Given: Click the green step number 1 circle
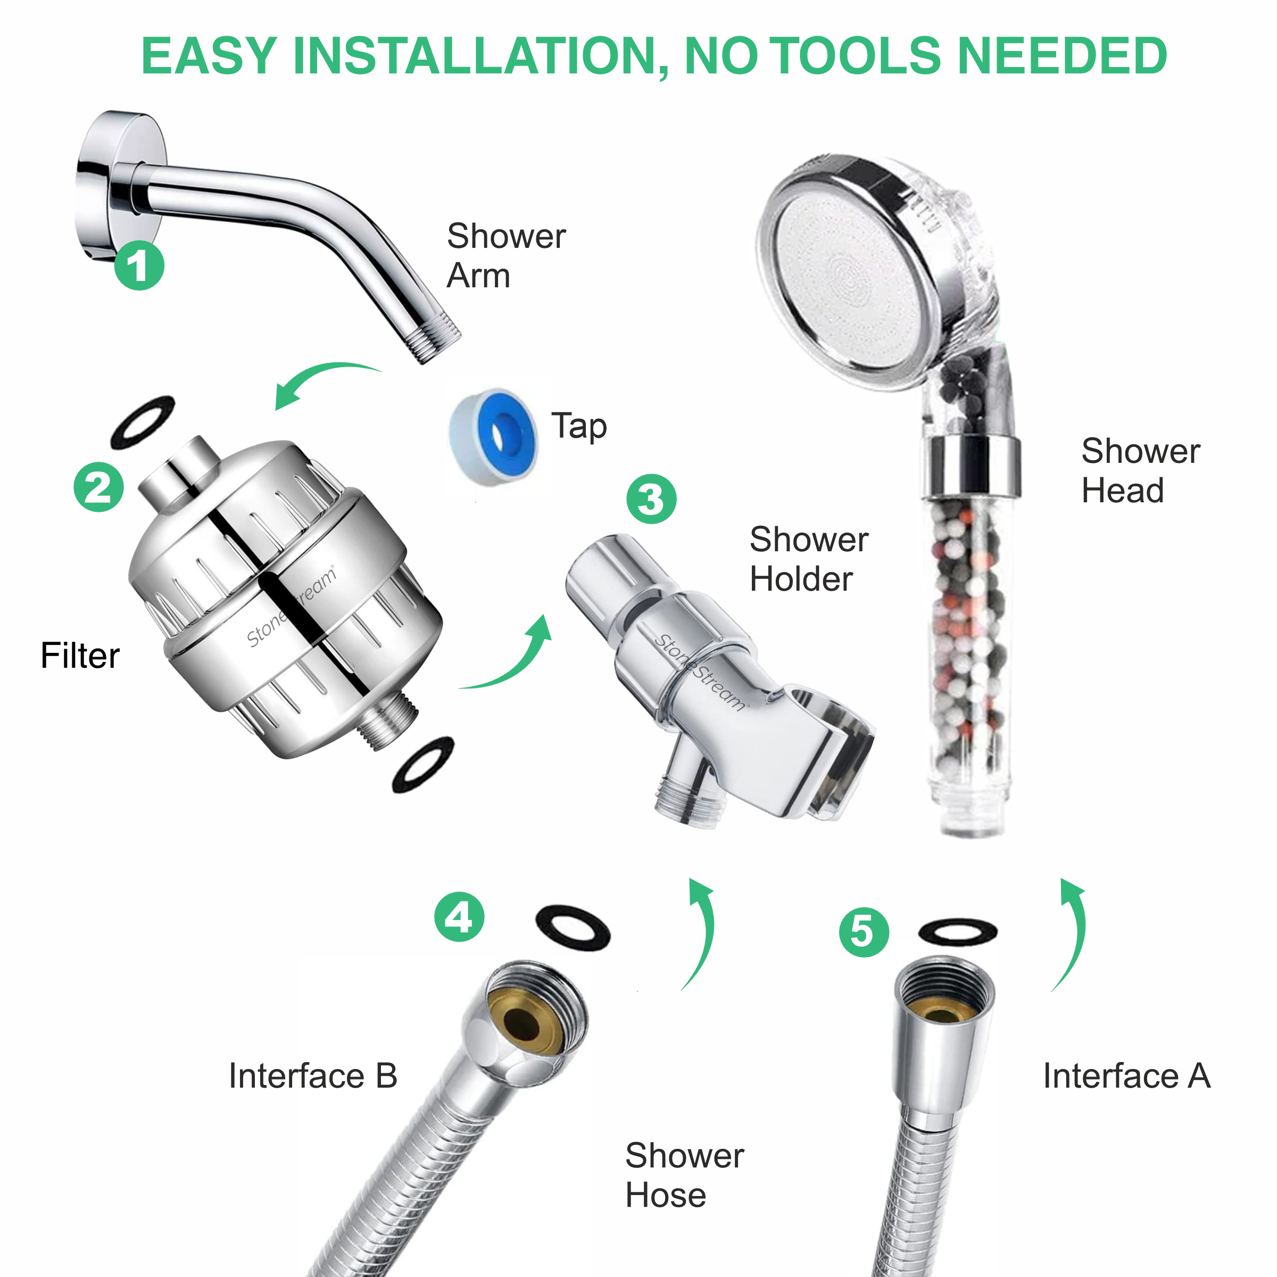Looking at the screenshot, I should (x=139, y=265).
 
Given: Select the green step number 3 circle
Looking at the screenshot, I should (x=651, y=499).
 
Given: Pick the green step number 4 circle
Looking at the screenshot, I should (x=459, y=917).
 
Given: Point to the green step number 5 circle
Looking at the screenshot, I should (x=864, y=932).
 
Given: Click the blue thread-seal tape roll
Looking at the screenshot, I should (x=494, y=437).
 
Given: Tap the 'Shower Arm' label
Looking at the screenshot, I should (x=505, y=255).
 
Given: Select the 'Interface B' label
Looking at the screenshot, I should (x=313, y=1075).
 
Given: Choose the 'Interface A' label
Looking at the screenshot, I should (x=1126, y=1075).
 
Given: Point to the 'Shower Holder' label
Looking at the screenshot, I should (x=808, y=559).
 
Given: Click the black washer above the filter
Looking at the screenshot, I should (x=143, y=422).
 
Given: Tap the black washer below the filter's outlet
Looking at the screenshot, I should (x=423, y=764).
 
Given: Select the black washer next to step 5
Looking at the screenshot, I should (x=958, y=932).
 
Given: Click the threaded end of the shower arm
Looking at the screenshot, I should (x=433, y=337).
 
